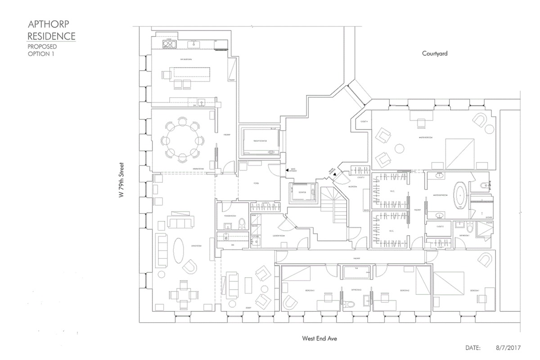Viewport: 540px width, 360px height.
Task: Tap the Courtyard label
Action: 435,53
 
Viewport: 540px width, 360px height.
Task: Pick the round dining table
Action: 182,139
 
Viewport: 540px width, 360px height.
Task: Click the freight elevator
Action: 261,141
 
